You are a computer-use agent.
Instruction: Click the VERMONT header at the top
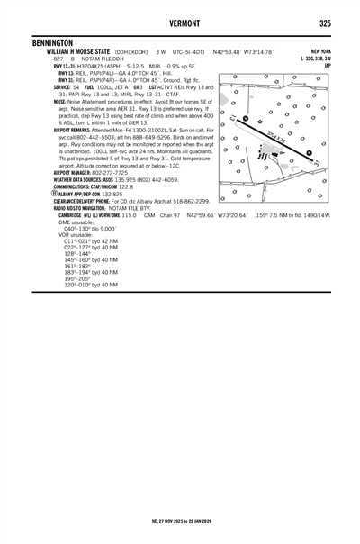179,23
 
